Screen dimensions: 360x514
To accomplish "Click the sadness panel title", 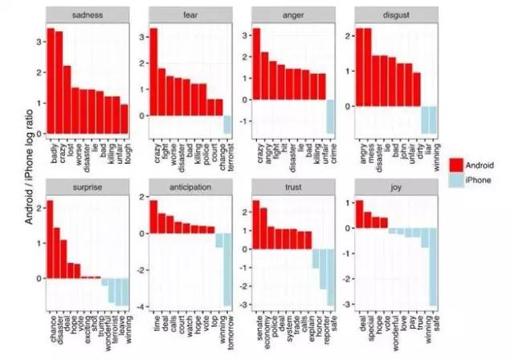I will tap(86, 15).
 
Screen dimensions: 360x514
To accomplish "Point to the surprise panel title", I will tap(86, 186).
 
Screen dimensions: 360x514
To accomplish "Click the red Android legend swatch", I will tap(459, 165).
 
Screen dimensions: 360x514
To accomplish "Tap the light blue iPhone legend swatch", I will tap(459, 179).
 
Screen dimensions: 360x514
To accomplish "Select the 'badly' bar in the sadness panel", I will tap(50, 80).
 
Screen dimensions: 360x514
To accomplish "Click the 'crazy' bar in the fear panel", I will tap(153, 72).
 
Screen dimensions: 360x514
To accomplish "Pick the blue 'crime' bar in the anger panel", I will tap(329, 117).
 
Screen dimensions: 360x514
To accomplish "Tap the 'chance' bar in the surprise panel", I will tap(50, 239).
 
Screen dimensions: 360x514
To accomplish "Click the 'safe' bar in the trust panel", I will tap(329, 277).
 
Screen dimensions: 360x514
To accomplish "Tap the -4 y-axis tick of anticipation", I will tap(142, 307).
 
